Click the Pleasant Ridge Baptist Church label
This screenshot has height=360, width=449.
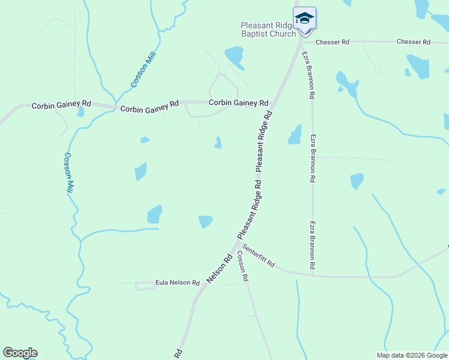click(268, 29)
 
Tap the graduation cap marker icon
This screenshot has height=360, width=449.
click(304, 17)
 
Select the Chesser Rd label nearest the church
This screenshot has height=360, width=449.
click(333, 42)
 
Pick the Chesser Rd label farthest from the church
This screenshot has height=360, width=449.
click(414, 42)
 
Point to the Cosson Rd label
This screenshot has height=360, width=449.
click(242, 266)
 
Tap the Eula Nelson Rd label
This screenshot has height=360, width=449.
click(177, 282)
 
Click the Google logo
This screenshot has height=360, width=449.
click(20, 353)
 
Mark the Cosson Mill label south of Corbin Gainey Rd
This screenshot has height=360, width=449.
click(69, 173)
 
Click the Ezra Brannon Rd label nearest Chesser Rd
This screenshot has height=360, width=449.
click(308, 75)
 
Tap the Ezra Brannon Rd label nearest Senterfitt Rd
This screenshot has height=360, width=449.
click(313, 245)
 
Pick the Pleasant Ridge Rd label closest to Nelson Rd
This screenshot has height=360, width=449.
click(250, 208)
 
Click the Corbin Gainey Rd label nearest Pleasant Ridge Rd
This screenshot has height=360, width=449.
click(238, 103)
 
